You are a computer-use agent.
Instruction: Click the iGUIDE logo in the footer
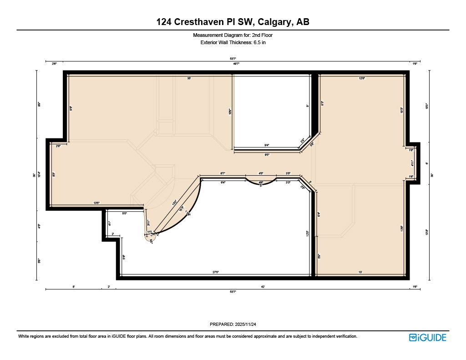427,337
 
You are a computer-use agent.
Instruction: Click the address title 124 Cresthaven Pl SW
233,22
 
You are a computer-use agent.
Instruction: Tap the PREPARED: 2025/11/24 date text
233,325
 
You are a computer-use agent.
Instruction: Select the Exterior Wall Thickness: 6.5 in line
233,42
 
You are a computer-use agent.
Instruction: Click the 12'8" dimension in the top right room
362,78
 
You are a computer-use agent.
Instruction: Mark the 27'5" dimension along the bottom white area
216,272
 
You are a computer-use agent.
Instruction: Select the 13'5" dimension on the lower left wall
96,203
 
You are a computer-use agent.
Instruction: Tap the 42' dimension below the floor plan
263,287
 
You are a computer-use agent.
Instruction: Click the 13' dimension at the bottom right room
360,272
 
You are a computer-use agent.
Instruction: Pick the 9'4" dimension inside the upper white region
266,145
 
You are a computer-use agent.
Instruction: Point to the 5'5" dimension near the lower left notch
124,213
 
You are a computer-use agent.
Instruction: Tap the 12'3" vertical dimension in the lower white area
308,233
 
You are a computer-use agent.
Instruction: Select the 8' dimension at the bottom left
73,287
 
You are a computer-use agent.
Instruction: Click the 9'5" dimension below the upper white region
267,155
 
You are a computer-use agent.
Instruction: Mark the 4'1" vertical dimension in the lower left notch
109,223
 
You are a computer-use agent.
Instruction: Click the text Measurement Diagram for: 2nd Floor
233,35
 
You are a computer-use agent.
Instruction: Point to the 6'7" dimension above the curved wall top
223,173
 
